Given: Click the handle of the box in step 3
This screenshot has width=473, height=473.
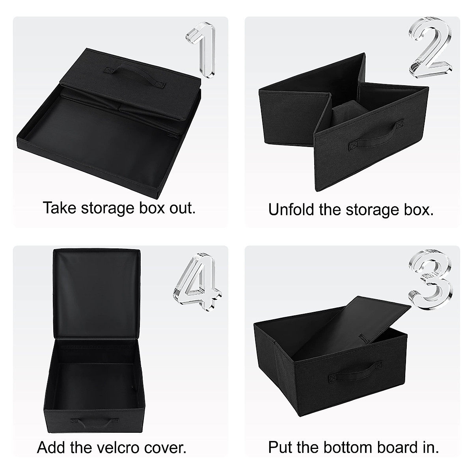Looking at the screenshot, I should [x=356, y=369].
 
